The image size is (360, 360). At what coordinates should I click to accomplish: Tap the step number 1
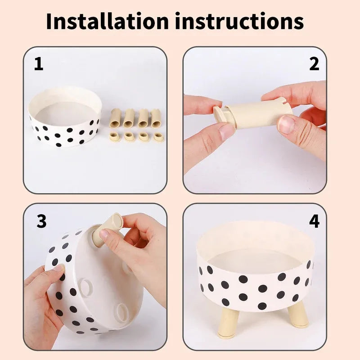point(39,64)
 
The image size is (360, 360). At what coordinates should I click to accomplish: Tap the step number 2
point(314,64)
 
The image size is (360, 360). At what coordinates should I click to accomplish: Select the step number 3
point(41,221)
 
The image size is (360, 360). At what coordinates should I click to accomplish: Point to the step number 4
point(314,221)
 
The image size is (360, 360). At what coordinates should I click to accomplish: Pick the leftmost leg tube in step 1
point(115,118)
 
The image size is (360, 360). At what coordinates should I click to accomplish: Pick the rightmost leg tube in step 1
point(156,117)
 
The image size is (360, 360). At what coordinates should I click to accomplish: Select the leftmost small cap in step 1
point(115,136)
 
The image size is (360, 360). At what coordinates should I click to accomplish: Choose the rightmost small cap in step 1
point(158,136)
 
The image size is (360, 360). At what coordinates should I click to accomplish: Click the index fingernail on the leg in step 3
point(104,234)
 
